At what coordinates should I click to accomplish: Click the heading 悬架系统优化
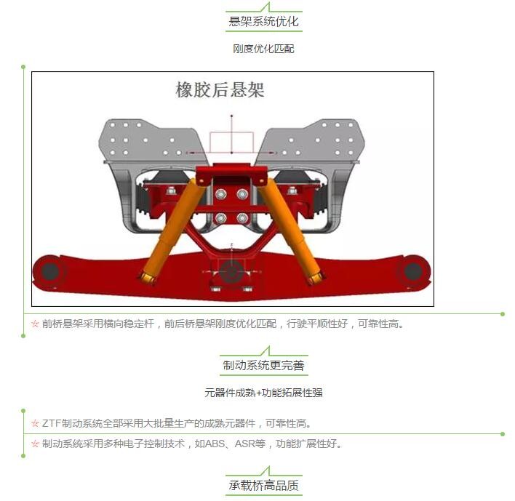(x=263, y=21)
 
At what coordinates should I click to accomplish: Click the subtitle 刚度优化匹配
(x=263, y=49)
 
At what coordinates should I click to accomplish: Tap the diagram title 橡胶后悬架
(x=220, y=90)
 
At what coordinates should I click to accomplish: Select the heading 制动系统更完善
(x=263, y=365)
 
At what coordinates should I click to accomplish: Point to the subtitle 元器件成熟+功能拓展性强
(x=263, y=393)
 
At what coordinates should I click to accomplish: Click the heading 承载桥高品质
(x=263, y=485)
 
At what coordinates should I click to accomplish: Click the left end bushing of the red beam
(x=50, y=271)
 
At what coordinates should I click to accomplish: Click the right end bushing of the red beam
(x=412, y=271)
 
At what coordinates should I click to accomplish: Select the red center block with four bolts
(x=231, y=206)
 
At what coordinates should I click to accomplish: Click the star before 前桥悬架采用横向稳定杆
(x=35, y=324)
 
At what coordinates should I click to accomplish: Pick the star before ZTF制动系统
(x=35, y=423)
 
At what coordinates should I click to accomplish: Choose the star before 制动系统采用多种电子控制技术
(x=35, y=444)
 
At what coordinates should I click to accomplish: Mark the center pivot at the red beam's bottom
(x=231, y=273)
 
